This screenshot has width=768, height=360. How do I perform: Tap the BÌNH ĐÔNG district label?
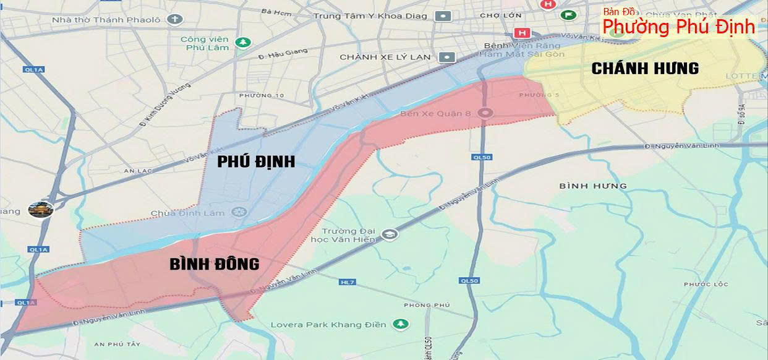pos(214,264)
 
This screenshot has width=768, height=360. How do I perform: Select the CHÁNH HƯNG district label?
pos(645,69)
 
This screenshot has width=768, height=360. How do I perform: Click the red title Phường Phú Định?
pos(678,27)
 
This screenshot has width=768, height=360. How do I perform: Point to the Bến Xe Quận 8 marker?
pos(486,113)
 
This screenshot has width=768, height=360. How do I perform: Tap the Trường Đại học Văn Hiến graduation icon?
pos(390,234)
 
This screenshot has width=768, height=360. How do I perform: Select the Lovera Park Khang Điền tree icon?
pos(402,324)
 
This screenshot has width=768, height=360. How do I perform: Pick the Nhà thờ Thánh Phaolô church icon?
pos(176,19)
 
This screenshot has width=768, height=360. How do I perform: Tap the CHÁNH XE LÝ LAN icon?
pos(445,57)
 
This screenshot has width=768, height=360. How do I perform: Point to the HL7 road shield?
pos(348,282)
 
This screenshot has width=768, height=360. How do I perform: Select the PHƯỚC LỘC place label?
pos(706,285)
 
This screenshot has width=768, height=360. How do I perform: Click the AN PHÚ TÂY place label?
pos(117,344)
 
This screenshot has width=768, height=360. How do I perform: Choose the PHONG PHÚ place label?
pos(427,305)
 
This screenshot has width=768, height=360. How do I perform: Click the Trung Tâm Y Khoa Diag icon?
pos(443,16)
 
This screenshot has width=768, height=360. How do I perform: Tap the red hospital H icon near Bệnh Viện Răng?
pos(522,33)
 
